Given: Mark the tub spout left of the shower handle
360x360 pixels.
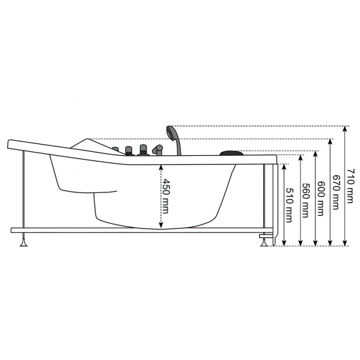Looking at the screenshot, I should tap(157, 150).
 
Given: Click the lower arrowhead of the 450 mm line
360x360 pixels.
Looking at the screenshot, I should tap(160, 226).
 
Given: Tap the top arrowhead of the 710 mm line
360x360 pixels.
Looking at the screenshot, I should tap(346, 129).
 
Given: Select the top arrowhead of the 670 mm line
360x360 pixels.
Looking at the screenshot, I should tap(331, 141).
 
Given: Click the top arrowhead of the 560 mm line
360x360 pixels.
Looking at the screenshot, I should tap(300, 158).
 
